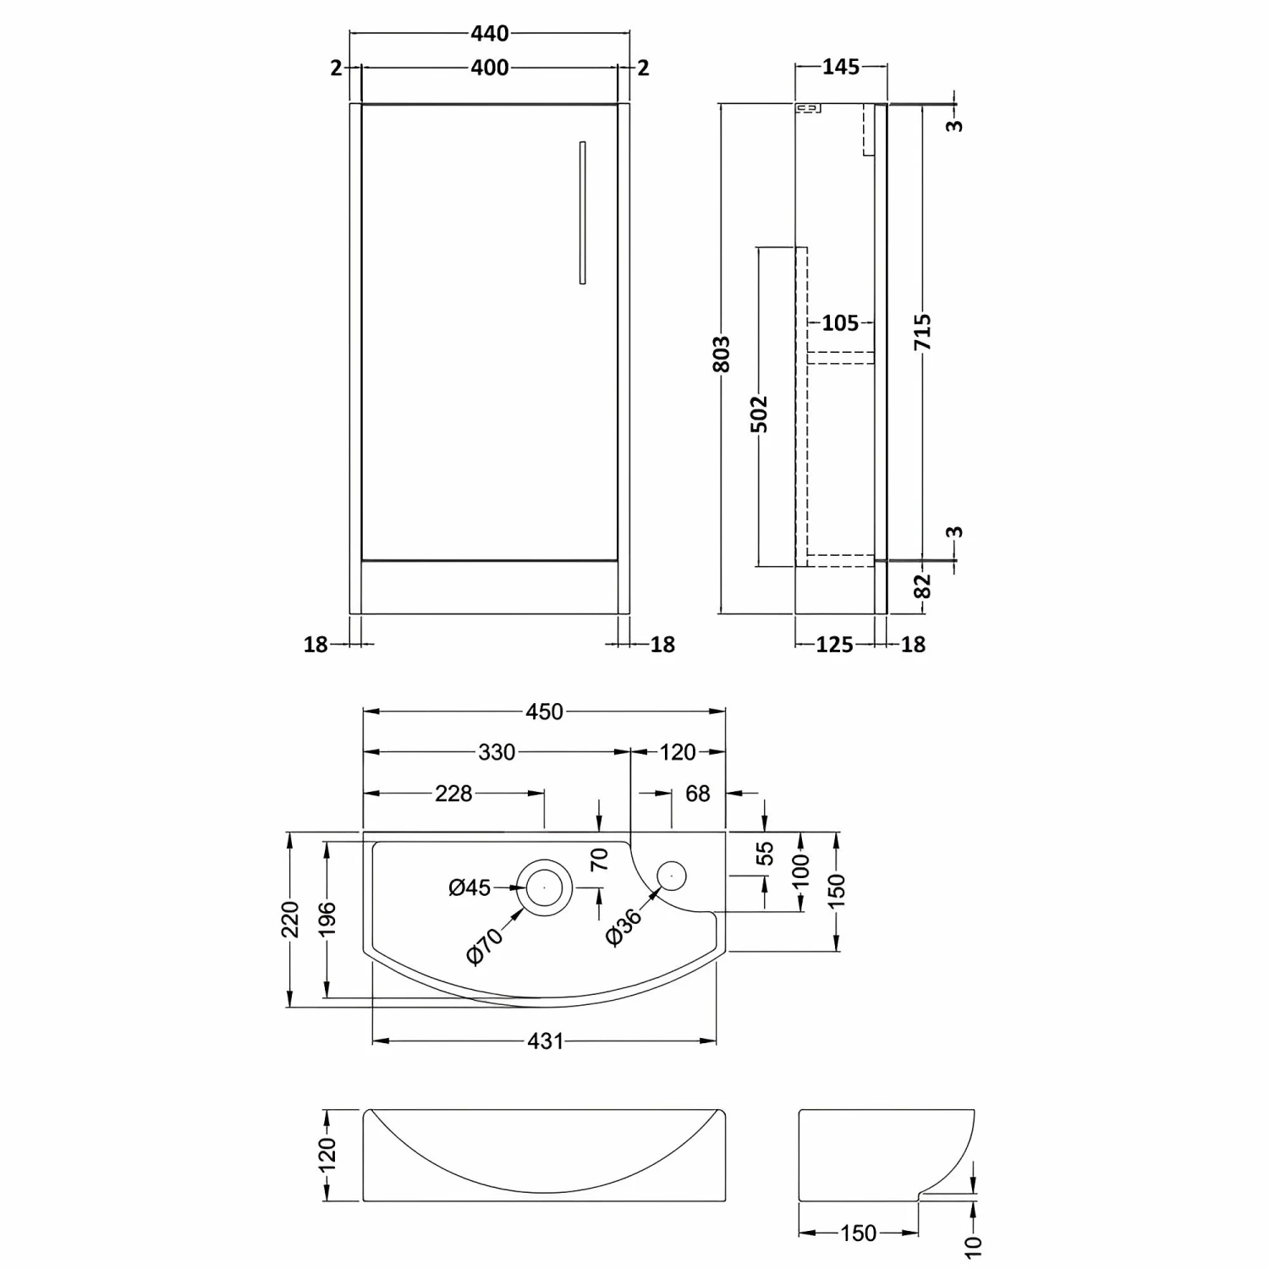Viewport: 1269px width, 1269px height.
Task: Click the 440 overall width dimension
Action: click(x=490, y=33)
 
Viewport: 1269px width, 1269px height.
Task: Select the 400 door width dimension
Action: click(x=490, y=68)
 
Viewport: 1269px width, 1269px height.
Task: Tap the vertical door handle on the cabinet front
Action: click(x=582, y=212)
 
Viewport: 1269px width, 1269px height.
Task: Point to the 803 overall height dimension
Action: click(x=721, y=354)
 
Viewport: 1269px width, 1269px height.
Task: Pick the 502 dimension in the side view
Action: click(x=760, y=414)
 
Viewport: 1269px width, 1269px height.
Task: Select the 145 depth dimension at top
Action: click(x=840, y=67)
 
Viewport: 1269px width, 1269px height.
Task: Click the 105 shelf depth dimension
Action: click(x=839, y=323)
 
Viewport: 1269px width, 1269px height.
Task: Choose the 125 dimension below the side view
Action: click(x=834, y=645)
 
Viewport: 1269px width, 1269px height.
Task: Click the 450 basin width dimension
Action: click(x=544, y=711)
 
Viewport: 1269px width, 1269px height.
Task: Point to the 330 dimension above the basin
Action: click(x=497, y=752)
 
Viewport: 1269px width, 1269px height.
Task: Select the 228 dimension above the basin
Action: click(x=453, y=794)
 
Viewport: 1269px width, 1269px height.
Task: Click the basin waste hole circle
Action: click(x=544, y=887)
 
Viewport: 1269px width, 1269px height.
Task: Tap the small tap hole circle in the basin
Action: click(x=672, y=875)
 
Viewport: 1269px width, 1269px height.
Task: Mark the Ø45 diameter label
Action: click(x=470, y=887)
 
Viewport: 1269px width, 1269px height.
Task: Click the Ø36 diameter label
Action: click(x=624, y=926)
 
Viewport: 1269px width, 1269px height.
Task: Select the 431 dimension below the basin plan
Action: click(x=545, y=1041)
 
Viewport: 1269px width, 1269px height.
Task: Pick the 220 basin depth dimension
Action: click(x=290, y=920)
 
